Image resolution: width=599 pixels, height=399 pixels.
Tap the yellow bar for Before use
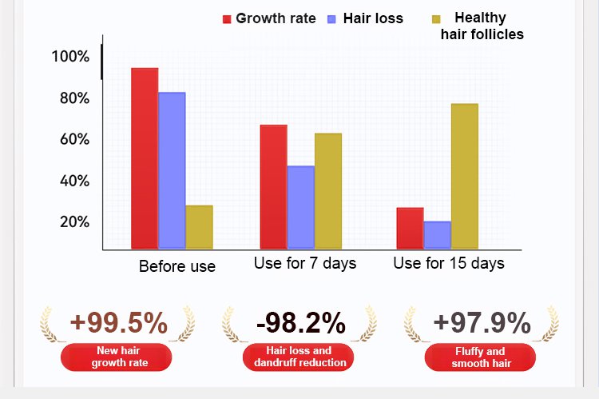pos(199,227)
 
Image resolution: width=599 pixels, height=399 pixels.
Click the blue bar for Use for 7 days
pos(300,207)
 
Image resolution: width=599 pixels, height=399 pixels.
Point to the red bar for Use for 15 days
pos(410,228)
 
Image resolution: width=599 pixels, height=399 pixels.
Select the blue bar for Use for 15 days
pos(437,235)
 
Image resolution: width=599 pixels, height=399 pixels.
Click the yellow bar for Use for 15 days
pos(464,176)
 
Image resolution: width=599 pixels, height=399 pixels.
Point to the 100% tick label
pos(70,57)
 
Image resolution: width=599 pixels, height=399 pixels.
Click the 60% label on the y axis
pos(73,140)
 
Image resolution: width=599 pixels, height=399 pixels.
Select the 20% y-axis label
pos(73,222)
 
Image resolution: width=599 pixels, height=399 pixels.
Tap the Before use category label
pos(177,266)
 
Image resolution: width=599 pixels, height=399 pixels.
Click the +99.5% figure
pos(119,323)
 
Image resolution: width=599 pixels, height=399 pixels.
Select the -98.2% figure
pos(300,323)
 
